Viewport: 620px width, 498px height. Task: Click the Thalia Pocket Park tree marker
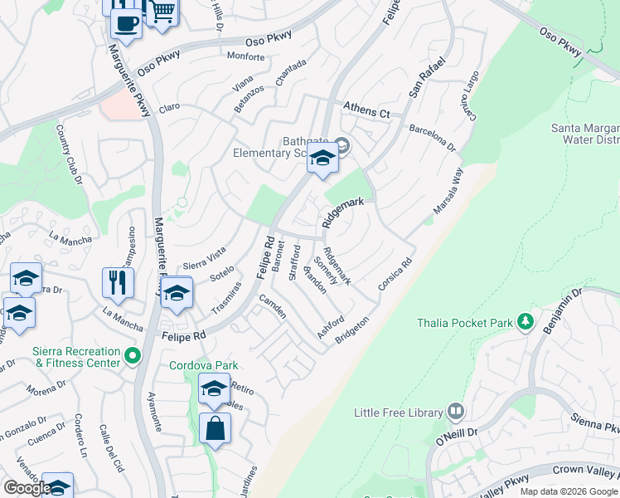pyautogui.click(x=524, y=320)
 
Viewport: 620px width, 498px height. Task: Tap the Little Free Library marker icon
pyautogui.click(x=455, y=411)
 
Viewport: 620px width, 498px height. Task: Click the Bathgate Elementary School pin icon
pyautogui.click(x=322, y=158)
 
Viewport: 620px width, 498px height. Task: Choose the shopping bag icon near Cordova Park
pyautogui.click(x=215, y=428)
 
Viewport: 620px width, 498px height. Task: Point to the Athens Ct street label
pyautogui.click(x=366, y=112)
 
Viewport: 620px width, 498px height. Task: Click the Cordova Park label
pyautogui.click(x=204, y=365)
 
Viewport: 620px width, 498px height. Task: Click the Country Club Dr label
pyautogui.click(x=70, y=154)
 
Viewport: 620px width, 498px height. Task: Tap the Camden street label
pyautogui.click(x=273, y=306)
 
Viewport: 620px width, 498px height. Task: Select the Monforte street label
pyautogui.click(x=245, y=57)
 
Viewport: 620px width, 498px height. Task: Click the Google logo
pyautogui.click(x=27, y=488)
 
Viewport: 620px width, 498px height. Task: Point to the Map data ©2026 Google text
pyautogui.click(x=569, y=491)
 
